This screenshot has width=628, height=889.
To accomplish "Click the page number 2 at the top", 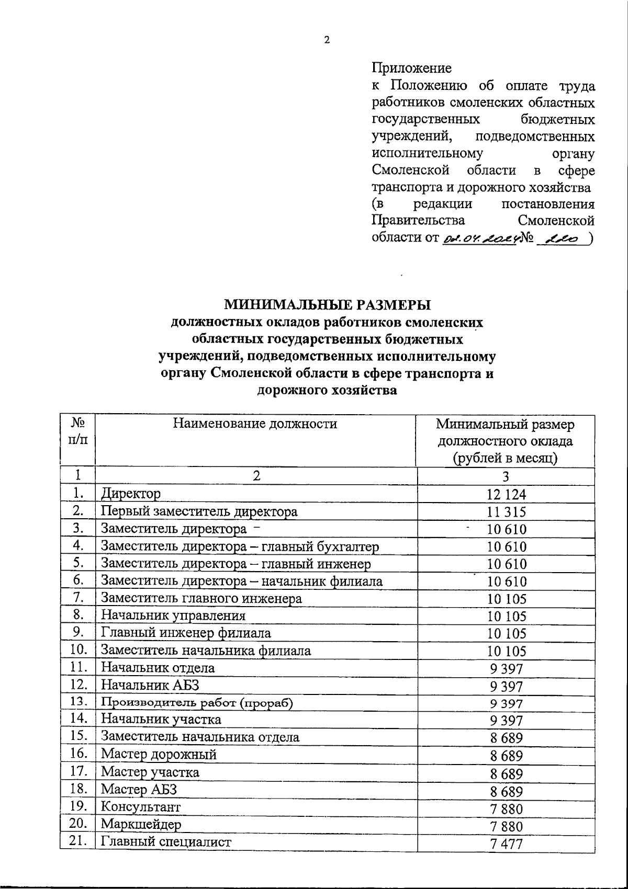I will tap(327, 40).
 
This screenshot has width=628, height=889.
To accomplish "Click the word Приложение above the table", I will tap(411, 68).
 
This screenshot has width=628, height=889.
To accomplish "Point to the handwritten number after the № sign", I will tap(562, 238).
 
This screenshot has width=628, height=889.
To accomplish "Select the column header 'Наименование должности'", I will tap(255, 424).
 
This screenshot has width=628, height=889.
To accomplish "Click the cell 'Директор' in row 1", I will tap(131, 493).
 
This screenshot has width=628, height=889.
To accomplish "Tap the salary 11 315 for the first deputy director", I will tap(506, 512).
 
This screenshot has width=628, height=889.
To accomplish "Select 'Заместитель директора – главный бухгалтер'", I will tap(240, 546).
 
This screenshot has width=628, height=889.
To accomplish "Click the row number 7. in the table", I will tap(78, 598).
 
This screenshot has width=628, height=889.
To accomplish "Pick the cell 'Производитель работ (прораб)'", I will tap(197, 703).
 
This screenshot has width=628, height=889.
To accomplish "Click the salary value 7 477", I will tap(506, 843).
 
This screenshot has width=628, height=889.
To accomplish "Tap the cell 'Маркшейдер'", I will tap(141, 824).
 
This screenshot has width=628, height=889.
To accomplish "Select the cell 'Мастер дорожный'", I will tap(159, 755).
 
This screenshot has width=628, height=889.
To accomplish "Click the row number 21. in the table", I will tap(78, 841).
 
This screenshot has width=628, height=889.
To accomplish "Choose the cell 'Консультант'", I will tap(141, 807).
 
